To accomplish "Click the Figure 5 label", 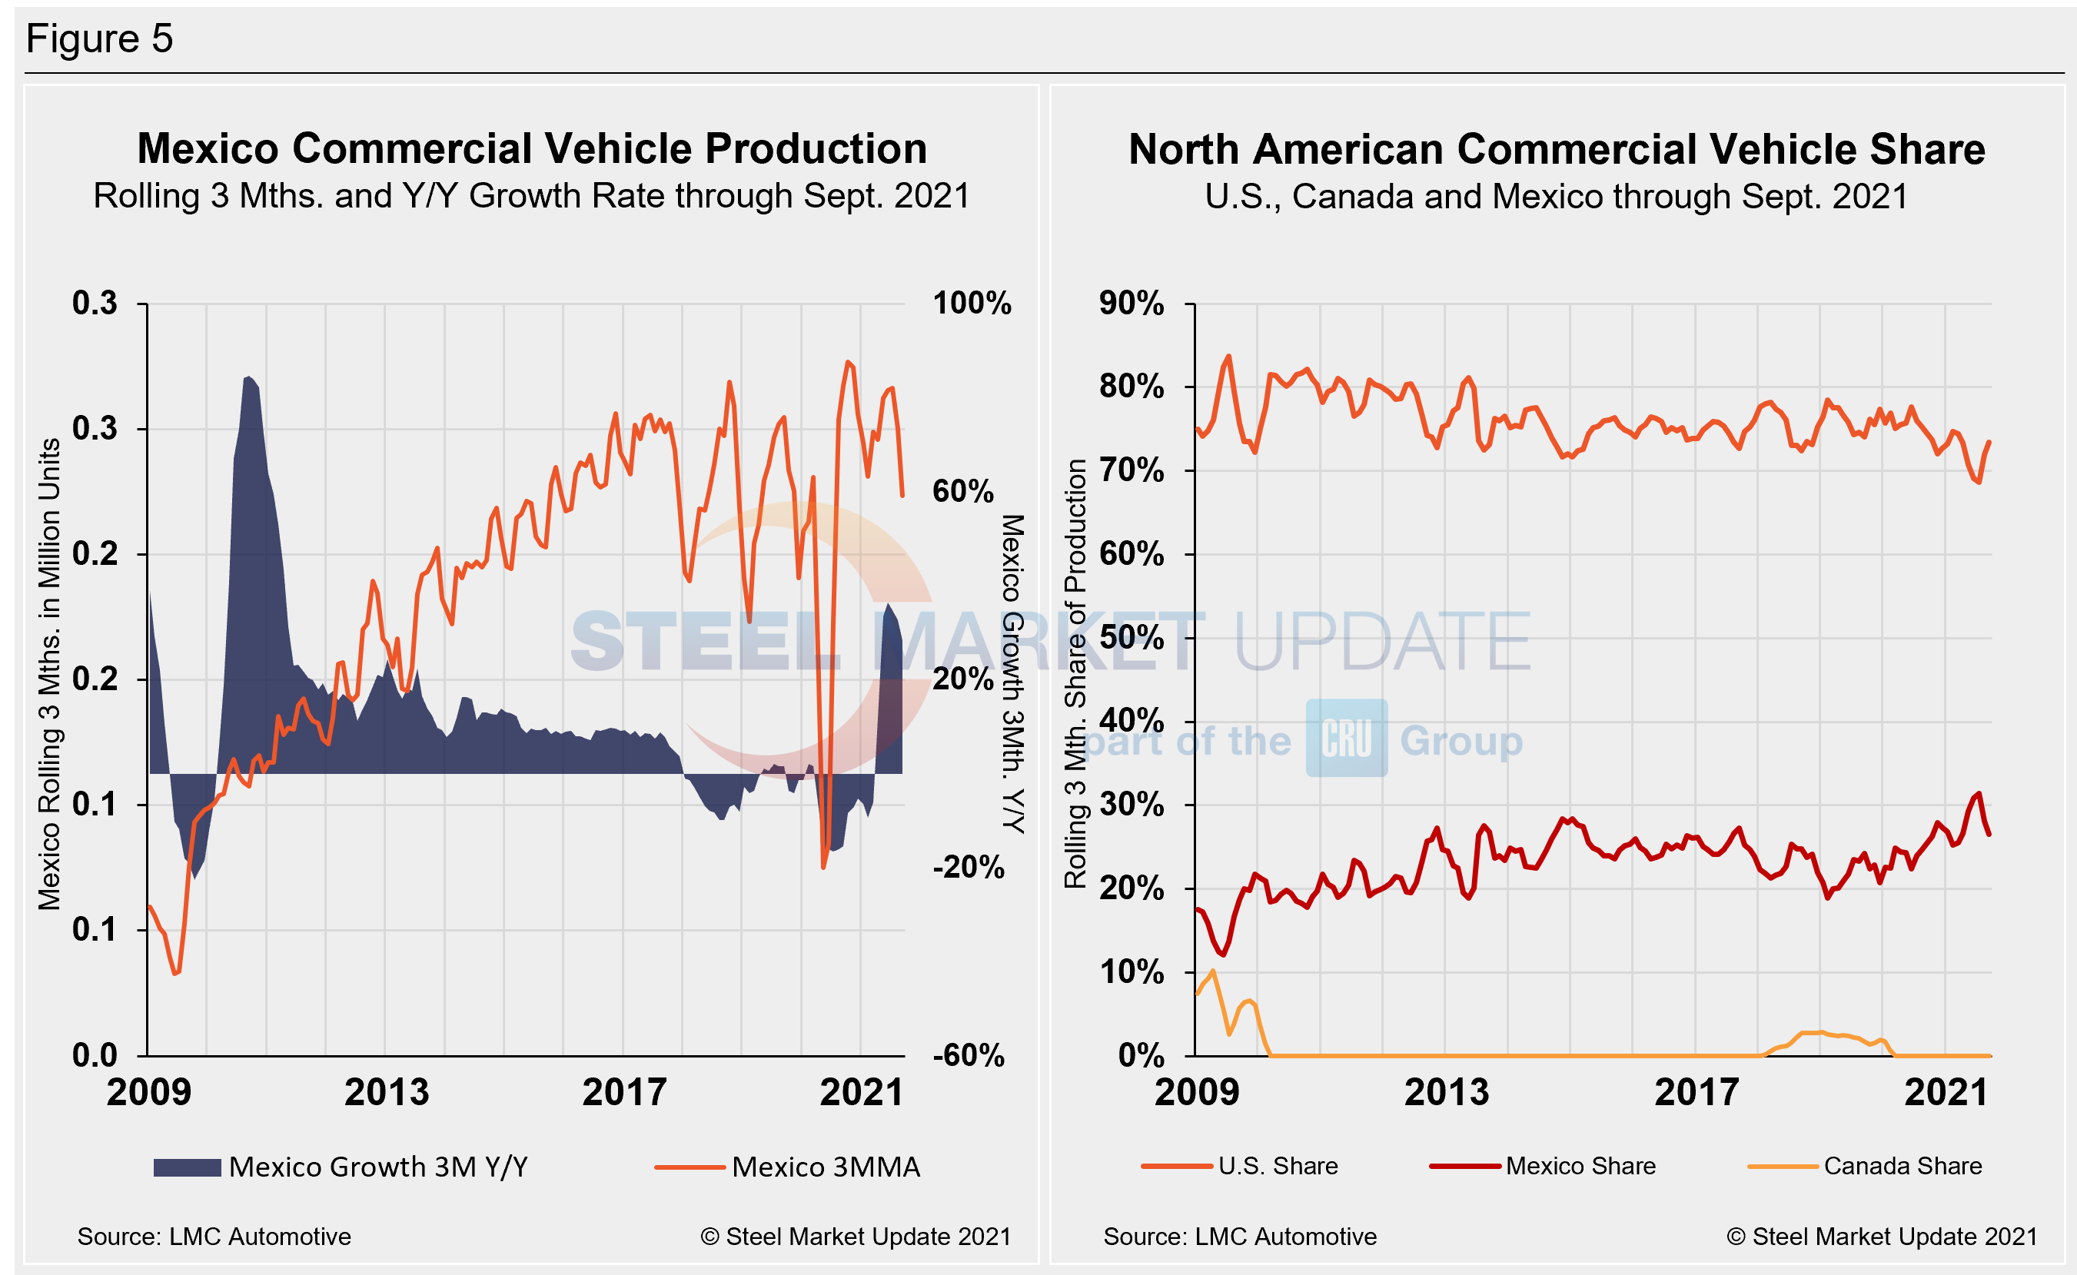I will point(99,38).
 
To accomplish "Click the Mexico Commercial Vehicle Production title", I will point(532,149).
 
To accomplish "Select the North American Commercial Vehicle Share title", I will point(1557,150).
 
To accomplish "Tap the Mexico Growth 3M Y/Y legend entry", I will point(341,1167).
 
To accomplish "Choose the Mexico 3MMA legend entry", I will point(788,1167).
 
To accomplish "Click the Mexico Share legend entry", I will point(1544,1166).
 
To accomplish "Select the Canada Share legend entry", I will point(1866,1166).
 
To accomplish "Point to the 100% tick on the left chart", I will point(972,304).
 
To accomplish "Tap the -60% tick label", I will point(968,1056).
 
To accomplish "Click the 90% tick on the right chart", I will point(1132,304).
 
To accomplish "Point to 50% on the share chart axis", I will point(1132,638).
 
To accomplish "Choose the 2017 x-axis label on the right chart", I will point(1696,1094).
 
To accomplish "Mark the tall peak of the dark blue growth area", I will point(248,380).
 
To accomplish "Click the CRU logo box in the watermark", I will point(1347,739).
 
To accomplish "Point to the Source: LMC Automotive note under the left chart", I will point(214,1237).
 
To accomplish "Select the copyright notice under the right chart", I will point(1883,1237).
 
